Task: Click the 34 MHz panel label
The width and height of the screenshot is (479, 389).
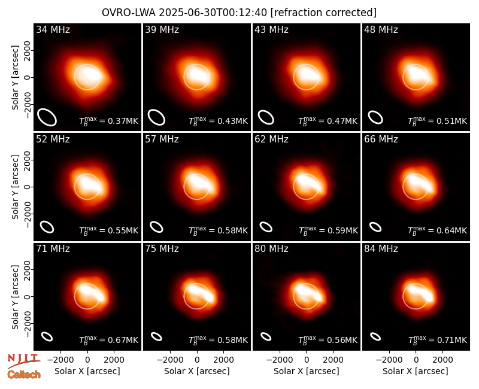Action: pos(53,29)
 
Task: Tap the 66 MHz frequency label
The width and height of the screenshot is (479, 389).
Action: pos(381,139)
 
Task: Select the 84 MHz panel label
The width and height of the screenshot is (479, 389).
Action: pos(381,249)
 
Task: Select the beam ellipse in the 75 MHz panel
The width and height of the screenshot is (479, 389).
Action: pos(156,336)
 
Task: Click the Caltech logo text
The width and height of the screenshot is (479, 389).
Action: pos(24,375)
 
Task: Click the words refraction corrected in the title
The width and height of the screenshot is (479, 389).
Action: pos(323,13)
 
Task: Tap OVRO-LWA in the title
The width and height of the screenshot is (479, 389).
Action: pos(129,13)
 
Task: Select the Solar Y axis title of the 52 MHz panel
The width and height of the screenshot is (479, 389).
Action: pos(15,187)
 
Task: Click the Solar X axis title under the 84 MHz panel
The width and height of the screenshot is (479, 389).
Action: pos(416,371)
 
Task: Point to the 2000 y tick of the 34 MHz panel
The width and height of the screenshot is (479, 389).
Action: pos(28,51)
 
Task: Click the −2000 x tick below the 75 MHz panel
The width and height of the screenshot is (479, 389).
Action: pos(170,360)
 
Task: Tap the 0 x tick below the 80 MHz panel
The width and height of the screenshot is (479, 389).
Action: pos(307,360)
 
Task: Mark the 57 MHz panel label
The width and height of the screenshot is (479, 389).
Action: pos(162,139)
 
